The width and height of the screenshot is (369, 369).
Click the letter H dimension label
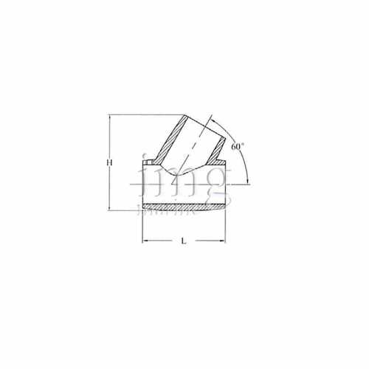109,162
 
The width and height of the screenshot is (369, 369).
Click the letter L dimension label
182,241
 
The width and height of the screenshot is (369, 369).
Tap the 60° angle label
237,147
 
